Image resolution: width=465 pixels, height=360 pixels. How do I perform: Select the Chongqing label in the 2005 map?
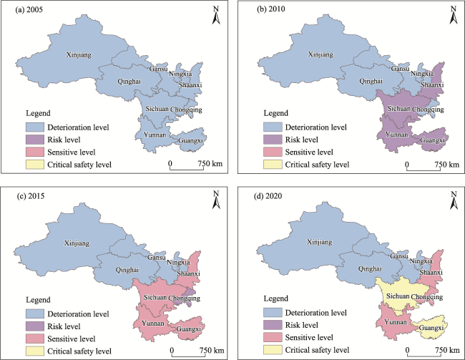(x=186, y=110)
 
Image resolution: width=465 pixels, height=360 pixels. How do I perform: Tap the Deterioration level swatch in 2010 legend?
(x=271, y=127)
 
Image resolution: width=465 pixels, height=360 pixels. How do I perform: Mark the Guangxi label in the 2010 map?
(x=434, y=141)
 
